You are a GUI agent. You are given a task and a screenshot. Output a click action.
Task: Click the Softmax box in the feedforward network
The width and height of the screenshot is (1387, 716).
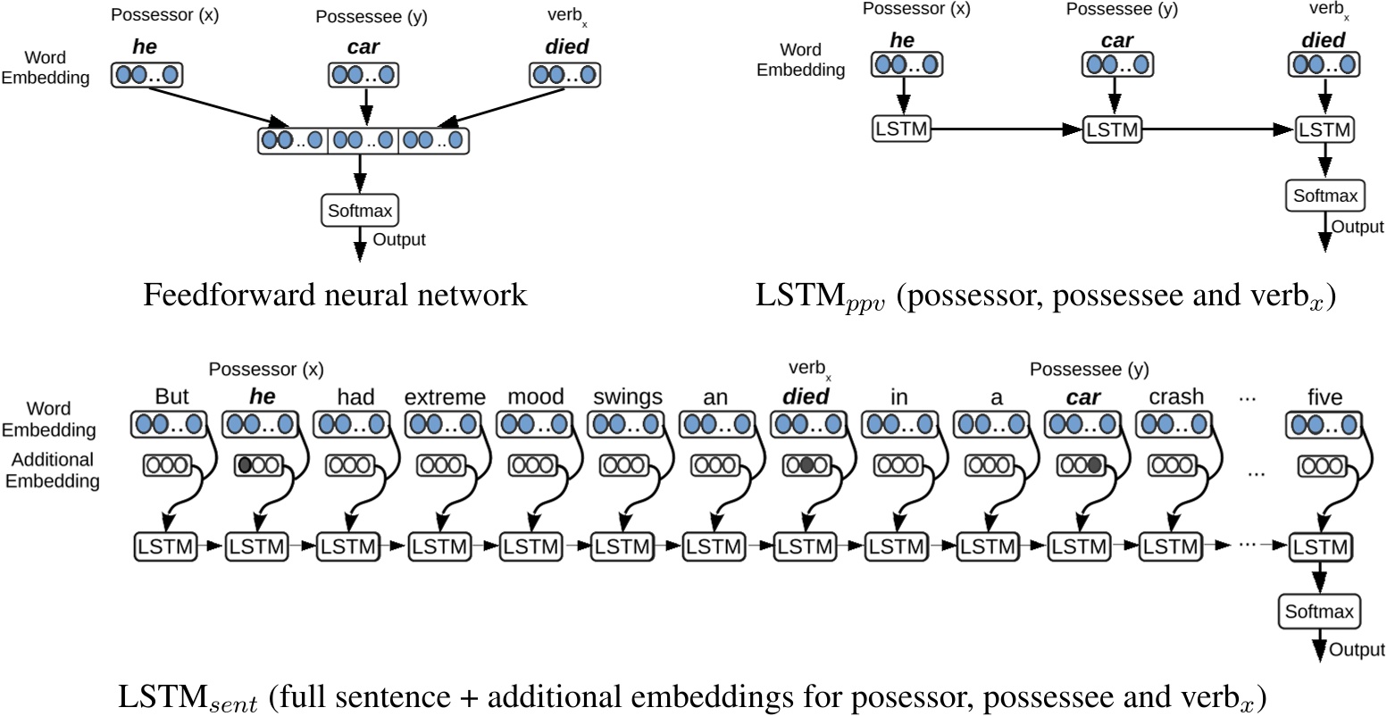(x=359, y=211)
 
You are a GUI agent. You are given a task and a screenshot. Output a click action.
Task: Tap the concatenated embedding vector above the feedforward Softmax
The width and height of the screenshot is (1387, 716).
(x=363, y=141)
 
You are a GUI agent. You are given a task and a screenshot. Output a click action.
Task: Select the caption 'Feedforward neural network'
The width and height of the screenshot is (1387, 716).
(x=335, y=295)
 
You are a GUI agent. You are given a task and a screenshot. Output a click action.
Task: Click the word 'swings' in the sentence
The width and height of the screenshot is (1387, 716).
(x=626, y=396)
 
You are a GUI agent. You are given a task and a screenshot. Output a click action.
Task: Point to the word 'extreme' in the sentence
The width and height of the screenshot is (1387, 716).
(x=445, y=396)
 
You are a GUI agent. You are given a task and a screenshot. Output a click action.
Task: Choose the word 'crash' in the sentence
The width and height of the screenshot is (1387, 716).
(x=1176, y=396)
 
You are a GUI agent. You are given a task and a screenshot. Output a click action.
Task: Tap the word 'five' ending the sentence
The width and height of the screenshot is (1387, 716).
(x=1324, y=396)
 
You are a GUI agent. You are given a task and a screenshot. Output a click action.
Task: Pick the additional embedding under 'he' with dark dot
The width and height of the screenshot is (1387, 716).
(x=256, y=464)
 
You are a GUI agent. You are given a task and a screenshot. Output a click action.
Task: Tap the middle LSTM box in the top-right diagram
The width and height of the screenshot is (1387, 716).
(x=1111, y=129)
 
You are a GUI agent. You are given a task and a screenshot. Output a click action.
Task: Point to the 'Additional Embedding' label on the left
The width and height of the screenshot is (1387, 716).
(x=50, y=470)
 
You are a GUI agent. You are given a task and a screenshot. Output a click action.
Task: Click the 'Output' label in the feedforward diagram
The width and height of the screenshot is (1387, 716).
(x=399, y=240)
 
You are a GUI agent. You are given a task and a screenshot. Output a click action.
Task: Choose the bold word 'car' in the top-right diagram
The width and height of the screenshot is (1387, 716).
(x=1111, y=41)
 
